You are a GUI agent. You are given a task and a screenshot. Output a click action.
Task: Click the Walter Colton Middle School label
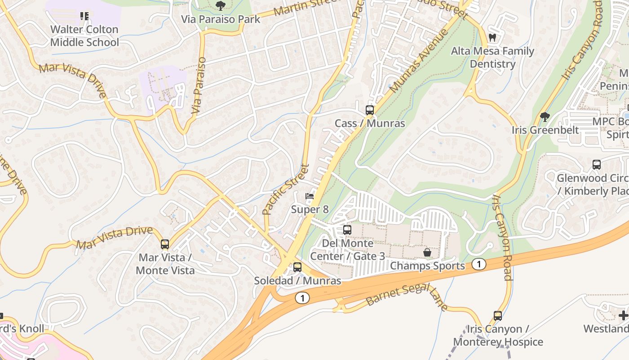click(84, 36)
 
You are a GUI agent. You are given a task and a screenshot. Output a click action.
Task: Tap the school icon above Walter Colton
click(84, 16)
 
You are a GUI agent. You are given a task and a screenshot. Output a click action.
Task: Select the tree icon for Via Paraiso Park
click(220, 5)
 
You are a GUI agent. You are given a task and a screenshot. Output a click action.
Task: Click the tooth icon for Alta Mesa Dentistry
click(492, 38)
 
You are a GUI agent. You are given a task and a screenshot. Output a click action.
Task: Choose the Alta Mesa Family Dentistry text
click(492, 58)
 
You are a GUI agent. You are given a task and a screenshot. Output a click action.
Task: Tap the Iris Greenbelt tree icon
click(545, 117)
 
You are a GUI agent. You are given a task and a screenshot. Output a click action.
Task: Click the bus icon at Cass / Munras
click(369, 110)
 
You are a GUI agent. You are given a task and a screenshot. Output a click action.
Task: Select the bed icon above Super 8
click(310, 196)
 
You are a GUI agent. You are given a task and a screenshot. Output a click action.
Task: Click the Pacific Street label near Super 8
click(286, 189)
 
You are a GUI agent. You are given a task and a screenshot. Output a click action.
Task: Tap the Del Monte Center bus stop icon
click(347, 230)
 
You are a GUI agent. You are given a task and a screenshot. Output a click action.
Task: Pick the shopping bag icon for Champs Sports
click(427, 252)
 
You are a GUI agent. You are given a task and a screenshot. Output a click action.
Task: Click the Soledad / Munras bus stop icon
click(297, 267)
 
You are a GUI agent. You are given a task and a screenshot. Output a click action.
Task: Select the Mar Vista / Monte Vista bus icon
click(165, 244)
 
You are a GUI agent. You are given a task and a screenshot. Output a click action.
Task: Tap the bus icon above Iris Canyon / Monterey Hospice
click(498, 315)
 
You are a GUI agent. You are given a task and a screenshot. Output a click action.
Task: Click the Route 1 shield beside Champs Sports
click(479, 265)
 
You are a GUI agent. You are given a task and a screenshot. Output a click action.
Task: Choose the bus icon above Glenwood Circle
click(597, 165)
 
